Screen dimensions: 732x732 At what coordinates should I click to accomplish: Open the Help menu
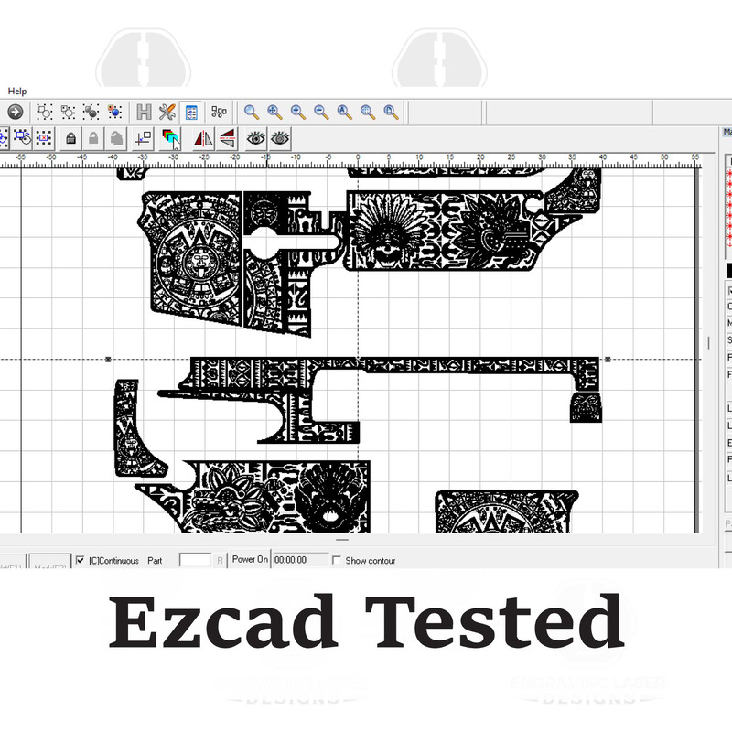click(17, 91)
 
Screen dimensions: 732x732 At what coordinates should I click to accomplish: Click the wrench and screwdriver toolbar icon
click(167, 113)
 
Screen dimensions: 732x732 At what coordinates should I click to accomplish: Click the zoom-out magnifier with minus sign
click(321, 113)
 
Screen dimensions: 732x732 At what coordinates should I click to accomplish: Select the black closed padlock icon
click(70, 139)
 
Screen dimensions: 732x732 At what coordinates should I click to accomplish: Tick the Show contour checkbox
click(337, 560)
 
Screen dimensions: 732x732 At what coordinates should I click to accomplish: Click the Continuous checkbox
click(81, 560)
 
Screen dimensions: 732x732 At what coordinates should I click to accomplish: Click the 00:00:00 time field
click(301, 560)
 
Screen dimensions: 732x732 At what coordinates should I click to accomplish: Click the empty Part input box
click(195, 560)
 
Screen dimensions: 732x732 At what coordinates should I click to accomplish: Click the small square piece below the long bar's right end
click(586, 408)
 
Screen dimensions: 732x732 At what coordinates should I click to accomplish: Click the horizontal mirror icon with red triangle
click(203, 139)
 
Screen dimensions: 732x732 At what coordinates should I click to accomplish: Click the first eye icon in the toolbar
click(255, 139)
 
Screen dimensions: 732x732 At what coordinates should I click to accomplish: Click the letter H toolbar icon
click(144, 113)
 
